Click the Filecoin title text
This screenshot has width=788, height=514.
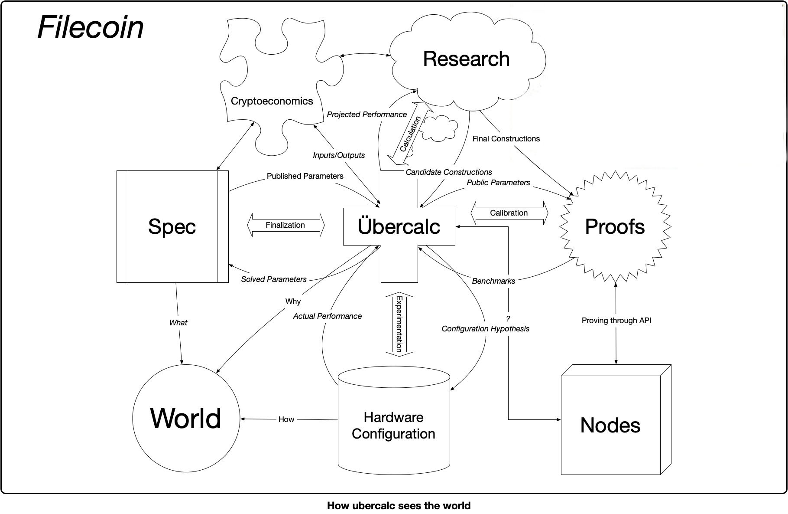pyautogui.click(x=91, y=27)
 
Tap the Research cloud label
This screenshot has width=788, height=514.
pyautogui.click(x=466, y=59)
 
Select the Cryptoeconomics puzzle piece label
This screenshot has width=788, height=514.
pyautogui.click(x=272, y=101)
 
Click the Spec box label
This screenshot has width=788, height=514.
pyautogui.click(x=172, y=226)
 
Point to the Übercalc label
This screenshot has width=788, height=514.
pyautogui.click(x=399, y=226)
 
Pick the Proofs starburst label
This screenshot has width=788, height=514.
pyautogui.click(x=615, y=226)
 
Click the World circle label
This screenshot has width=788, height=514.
pyautogui.click(x=185, y=419)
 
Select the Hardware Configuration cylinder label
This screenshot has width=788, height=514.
pyautogui.click(x=393, y=426)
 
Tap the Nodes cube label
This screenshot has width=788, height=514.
pyautogui.click(x=610, y=425)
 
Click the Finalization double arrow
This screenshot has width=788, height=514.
pyautogui.click(x=285, y=225)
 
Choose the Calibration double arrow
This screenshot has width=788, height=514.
pyautogui.click(x=509, y=213)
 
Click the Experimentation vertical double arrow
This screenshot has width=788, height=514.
pyautogui.click(x=399, y=324)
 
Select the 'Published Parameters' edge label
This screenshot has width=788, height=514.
pyautogui.click(x=305, y=176)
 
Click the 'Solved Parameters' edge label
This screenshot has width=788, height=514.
pyautogui.click(x=274, y=279)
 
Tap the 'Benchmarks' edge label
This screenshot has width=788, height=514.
pyautogui.click(x=493, y=281)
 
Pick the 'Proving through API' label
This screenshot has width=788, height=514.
pyautogui.click(x=616, y=321)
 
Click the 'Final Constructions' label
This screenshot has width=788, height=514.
pyautogui.click(x=506, y=139)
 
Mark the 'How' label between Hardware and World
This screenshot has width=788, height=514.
pyautogui.click(x=286, y=419)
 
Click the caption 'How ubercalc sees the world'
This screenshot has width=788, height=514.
pyautogui.click(x=399, y=506)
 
